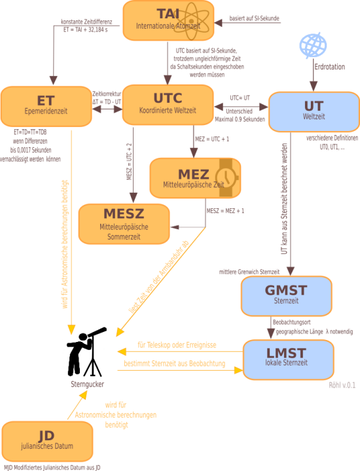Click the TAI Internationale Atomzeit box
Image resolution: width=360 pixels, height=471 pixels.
168,20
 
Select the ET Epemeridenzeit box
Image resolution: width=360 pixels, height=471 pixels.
46,106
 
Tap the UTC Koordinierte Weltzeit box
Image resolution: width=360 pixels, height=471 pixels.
168,105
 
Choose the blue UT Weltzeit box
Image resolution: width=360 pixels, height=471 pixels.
314,112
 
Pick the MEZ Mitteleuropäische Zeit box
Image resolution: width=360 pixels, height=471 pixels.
195,178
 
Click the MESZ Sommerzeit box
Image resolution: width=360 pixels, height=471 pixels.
124,224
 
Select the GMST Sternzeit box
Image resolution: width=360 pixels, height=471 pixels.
287,296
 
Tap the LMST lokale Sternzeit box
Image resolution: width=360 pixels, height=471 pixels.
288,360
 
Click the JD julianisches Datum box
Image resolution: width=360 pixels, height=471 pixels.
47,442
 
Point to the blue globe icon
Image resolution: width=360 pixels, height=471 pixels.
313,45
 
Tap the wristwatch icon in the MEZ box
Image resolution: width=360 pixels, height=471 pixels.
228,178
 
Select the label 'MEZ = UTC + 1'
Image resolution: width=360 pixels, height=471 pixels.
212,139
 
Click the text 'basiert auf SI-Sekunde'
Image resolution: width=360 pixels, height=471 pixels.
255,18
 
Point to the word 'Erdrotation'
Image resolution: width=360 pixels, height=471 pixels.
330,67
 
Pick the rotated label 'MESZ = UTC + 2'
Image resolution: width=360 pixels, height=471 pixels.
129,161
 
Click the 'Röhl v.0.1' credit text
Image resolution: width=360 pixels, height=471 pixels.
342,385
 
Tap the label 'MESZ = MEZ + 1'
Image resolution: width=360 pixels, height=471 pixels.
225,211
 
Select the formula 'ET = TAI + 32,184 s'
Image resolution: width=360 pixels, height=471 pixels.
86,29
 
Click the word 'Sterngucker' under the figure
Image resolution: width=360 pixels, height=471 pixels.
87,384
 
